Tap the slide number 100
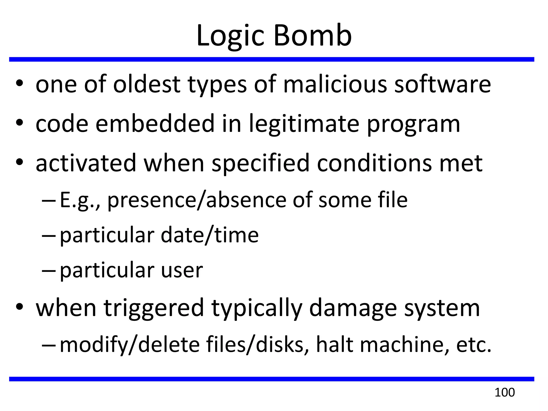click(x=504, y=393)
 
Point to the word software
click(x=443, y=84)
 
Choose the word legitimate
click(x=304, y=124)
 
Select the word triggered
click(x=154, y=308)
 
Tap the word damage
click(x=353, y=309)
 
